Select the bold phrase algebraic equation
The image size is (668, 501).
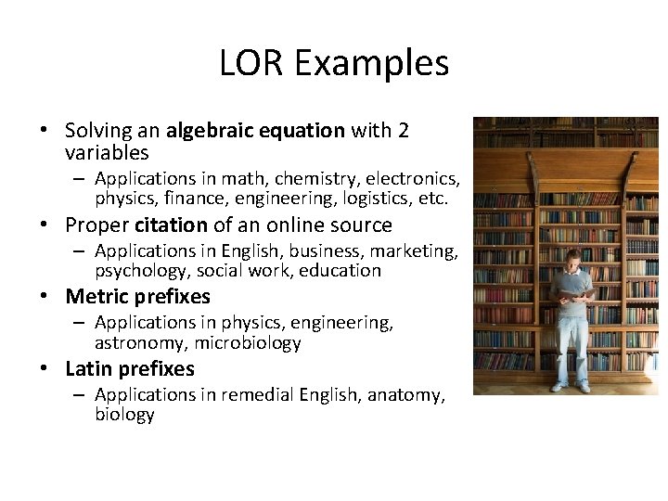click(255, 130)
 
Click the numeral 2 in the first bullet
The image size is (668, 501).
click(403, 130)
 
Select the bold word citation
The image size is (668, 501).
click(171, 225)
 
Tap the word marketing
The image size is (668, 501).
click(417, 250)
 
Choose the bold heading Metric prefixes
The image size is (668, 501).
click(137, 297)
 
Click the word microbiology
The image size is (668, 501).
click(248, 343)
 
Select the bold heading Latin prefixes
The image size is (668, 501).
click(130, 369)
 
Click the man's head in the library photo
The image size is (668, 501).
click(575, 258)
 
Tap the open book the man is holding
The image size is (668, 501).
click(576, 293)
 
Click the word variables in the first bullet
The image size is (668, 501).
click(107, 152)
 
